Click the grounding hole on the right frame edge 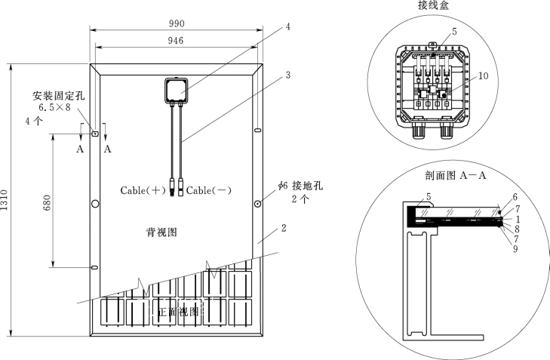point(258,204)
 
